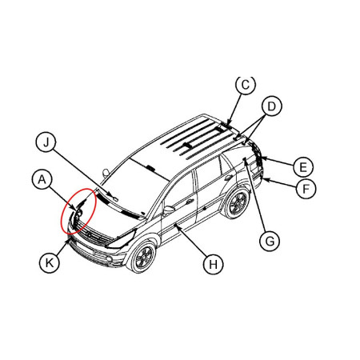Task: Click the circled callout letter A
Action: (42, 179)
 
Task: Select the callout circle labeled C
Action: (246, 85)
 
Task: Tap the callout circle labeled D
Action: (271, 106)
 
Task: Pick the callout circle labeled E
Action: (303, 167)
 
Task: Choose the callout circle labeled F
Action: (306, 189)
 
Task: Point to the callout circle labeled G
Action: (270, 241)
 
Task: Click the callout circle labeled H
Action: (213, 265)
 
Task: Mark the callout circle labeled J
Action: (46, 142)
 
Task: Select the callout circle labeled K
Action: (50, 263)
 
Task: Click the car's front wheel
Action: (142, 257)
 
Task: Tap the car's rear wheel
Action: (236, 202)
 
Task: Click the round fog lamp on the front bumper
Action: (109, 258)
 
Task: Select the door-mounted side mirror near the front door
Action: (168, 210)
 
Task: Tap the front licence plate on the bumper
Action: (84, 248)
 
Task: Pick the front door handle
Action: (190, 202)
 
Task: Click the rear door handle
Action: (229, 178)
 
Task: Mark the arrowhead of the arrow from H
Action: (176, 226)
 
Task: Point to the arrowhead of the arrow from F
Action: (265, 180)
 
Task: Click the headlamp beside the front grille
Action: (121, 240)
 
